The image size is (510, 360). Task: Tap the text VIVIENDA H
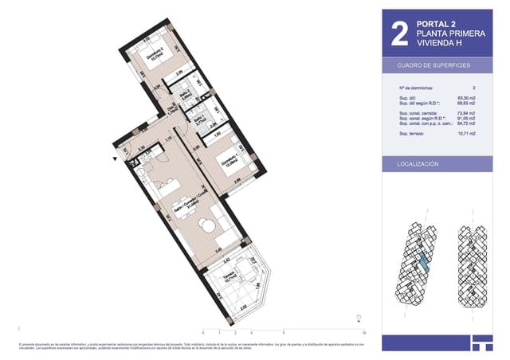(x=439, y=42)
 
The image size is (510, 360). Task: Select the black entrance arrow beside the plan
(x=116, y=158)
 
